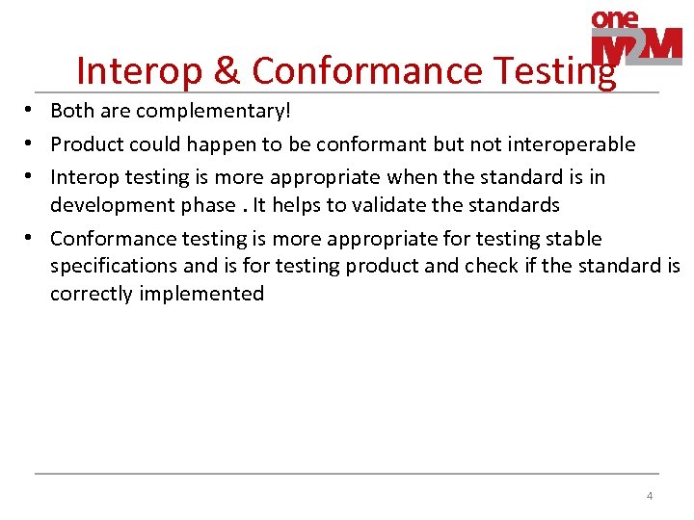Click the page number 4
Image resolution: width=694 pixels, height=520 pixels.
(650, 496)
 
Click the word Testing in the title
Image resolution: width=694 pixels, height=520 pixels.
(554, 71)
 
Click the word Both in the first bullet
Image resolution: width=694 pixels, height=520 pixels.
(71, 112)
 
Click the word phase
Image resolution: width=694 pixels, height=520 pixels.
(205, 205)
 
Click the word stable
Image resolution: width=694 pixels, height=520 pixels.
(574, 238)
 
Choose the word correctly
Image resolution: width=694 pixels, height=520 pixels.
(91, 294)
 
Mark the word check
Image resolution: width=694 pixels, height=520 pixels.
(491, 266)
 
